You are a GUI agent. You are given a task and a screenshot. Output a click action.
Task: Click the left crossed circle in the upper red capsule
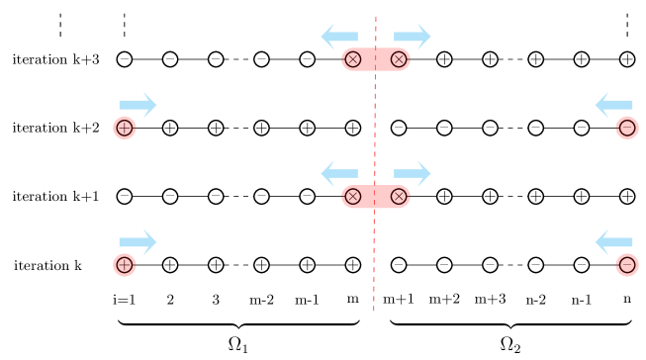click(352, 59)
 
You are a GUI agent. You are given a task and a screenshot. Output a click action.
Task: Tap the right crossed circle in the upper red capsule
click(399, 59)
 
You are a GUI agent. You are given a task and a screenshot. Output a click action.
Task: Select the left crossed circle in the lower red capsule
click(352, 197)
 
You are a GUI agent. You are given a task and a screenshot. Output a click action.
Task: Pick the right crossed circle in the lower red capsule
click(399, 197)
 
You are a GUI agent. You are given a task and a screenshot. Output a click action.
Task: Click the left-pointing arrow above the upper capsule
click(338, 37)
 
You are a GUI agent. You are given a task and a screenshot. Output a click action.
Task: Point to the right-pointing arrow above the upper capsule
click(413, 37)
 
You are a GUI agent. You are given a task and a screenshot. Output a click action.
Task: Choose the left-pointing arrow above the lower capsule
click(338, 173)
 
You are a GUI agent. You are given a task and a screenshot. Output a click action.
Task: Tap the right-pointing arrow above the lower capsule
click(413, 173)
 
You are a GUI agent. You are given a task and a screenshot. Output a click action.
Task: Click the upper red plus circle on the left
click(124, 128)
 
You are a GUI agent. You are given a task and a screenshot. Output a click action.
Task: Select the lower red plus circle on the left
click(124, 265)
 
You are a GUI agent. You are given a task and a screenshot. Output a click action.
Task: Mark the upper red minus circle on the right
click(627, 128)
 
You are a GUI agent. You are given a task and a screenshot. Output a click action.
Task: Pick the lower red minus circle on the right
click(627, 265)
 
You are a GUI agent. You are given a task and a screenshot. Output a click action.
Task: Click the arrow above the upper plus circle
click(138, 105)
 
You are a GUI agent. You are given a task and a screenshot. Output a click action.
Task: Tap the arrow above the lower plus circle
click(138, 242)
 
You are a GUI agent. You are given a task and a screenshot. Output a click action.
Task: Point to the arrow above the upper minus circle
click(613, 105)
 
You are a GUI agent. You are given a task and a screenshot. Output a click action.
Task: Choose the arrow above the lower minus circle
click(613, 242)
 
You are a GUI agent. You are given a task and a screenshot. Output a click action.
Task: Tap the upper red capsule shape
click(376, 59)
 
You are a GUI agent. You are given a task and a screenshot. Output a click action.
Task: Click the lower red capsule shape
click(376, 197)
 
